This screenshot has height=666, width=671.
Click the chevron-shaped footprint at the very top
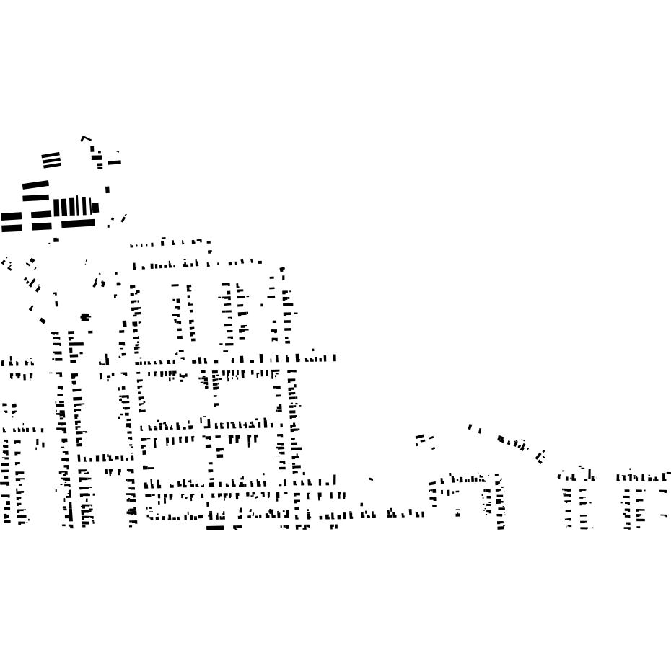click(x=86, y=138)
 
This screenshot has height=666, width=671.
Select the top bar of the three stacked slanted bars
click(x=51, y=154)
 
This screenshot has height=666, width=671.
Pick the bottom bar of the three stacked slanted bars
click(x=51, y=165)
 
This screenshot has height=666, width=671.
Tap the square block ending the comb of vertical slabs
click(x=95, y=208)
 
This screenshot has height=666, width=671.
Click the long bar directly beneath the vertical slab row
click(x=78, y=223)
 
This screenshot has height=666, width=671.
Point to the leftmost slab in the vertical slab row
click(x=56, y=207)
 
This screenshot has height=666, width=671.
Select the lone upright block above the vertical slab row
click(x=108, y=190)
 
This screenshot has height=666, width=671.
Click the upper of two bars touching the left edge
click(x=11, y=216)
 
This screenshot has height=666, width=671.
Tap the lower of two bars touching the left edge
click(x=11, y=228)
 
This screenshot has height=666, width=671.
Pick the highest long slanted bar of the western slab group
click(x=35, y=185)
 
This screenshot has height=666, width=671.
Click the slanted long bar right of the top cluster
click(x=114, y=162)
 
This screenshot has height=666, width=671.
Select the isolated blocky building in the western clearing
click(x=85, y=316)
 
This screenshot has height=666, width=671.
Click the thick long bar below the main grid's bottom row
click(x=215, y=528)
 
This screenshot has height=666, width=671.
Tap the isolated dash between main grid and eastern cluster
click(x=371, y=478)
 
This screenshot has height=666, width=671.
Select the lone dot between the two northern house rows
click(x=209, y=252)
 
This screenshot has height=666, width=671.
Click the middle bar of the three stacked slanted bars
click(x=51, y=159)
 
